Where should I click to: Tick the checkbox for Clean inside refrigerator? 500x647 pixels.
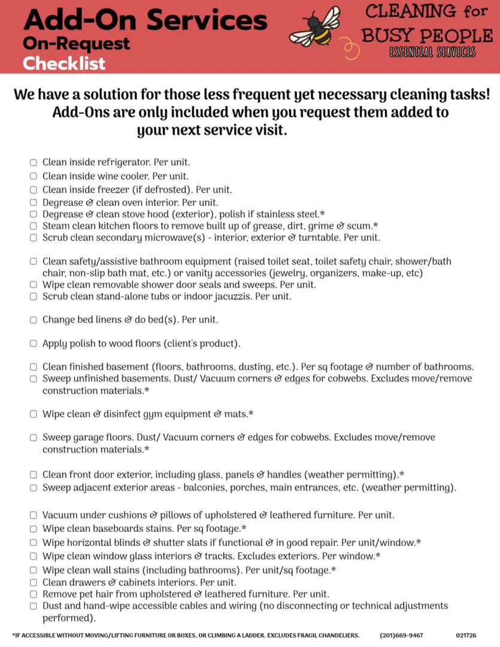34,162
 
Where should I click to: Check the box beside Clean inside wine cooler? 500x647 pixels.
34,176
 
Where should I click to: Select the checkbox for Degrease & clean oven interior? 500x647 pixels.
34,202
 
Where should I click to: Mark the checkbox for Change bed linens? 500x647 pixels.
34,320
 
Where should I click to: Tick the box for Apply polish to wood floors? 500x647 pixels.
34,344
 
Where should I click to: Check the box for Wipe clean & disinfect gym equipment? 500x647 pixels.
34,414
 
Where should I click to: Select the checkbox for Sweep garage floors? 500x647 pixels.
34,437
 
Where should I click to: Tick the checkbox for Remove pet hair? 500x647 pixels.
34,594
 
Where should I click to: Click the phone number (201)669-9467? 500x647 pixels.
401,635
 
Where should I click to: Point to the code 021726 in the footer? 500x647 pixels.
466,635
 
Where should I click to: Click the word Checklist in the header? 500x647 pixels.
64,63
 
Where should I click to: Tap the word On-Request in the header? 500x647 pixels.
76,44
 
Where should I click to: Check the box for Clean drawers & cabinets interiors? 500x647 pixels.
34,582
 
